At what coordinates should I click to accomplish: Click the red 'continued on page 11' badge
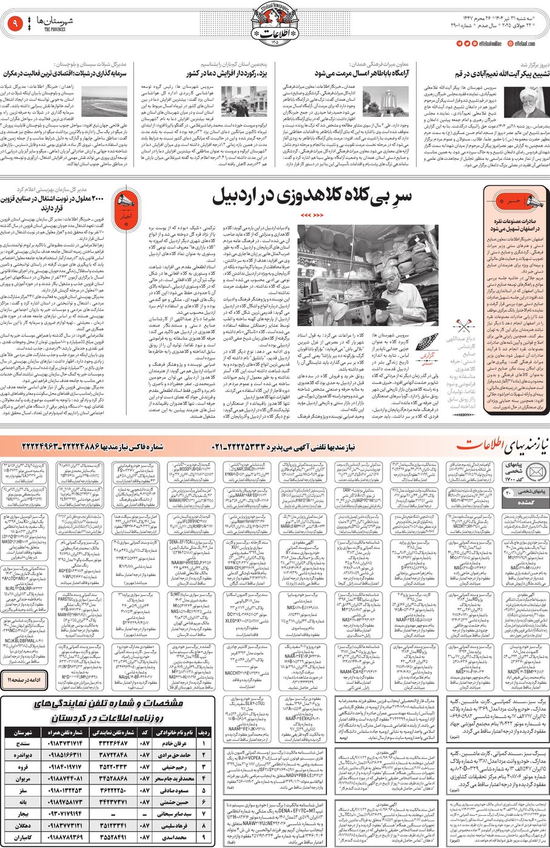(23, 680)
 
